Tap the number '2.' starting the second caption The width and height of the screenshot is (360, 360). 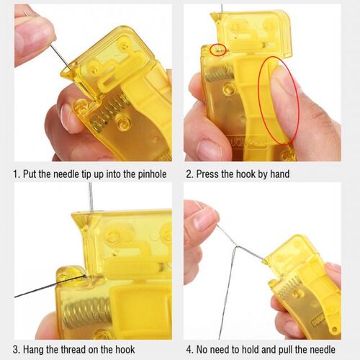(190, 174)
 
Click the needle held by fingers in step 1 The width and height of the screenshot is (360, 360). (58, 52)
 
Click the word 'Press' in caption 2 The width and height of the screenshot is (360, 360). (212, 174)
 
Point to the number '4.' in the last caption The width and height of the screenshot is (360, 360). (190, 349)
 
